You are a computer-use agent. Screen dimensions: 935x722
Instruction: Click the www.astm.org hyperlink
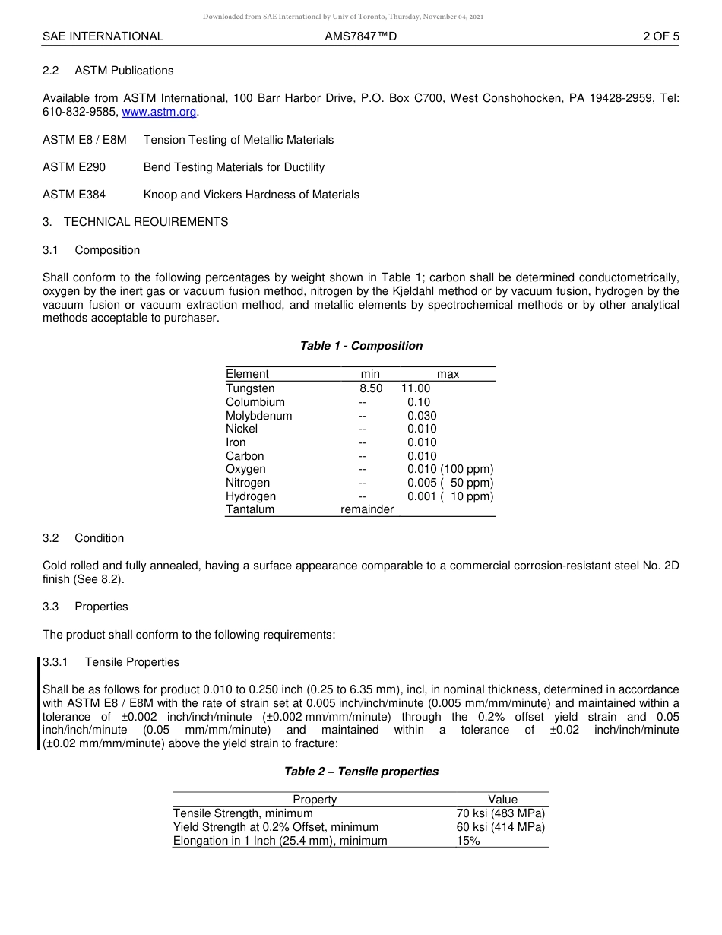(159, 112)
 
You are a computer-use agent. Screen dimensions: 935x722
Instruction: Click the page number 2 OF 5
(660, 36)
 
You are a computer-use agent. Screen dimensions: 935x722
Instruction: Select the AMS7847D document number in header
(360, 36)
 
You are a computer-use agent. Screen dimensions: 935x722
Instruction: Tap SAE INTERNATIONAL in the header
(103, 36)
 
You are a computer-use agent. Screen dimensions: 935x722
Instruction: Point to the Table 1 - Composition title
(361, 346)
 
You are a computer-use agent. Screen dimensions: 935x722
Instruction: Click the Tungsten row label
(250, 388)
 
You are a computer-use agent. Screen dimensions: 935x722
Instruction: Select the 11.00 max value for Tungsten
(416, 388)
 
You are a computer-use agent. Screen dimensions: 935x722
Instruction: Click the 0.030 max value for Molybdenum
(422, 416)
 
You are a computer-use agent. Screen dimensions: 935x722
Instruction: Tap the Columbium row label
(255, 402)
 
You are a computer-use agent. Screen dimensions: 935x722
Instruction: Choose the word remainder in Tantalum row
(367, 509)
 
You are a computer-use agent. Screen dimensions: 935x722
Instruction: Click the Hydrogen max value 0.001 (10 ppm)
(450, 496)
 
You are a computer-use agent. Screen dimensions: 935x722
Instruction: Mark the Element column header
(247, 374)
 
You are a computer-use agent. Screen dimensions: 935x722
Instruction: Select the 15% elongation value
(468, 841)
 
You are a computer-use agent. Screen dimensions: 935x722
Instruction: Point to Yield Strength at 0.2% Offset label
(276, 827)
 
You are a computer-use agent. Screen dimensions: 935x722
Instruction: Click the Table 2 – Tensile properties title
(361, 772)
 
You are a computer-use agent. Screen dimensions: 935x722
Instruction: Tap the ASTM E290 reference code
(74, 167)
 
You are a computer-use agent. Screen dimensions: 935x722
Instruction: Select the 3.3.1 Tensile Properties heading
(111, 662)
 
